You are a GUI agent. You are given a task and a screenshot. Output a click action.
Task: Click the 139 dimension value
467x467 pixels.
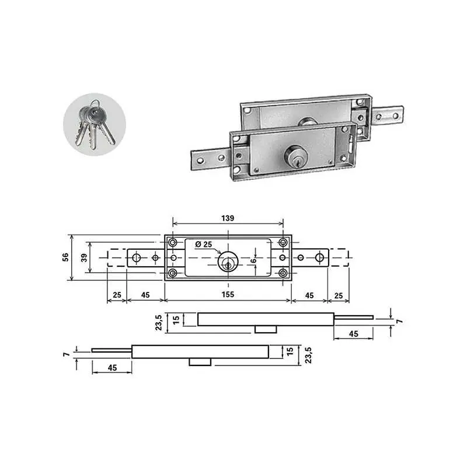click(228, 218)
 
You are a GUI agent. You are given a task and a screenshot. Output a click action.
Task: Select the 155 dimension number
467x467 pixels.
click(228, 295)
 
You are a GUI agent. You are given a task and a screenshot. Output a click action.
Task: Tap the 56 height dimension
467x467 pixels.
click(65, 257)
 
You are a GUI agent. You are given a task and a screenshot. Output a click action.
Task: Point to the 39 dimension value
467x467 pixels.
click(84, 257)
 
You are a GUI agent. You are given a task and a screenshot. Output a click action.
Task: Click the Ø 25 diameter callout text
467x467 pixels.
click(204, 245)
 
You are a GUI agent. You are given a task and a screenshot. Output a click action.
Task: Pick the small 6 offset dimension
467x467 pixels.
click(253, 260)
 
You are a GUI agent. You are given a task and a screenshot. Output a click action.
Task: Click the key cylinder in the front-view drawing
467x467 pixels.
click(228, 262)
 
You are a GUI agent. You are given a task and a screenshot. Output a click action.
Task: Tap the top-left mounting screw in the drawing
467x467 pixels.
click(173, 242)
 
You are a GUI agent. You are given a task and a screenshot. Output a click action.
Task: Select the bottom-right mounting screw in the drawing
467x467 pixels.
click(283, 273)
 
